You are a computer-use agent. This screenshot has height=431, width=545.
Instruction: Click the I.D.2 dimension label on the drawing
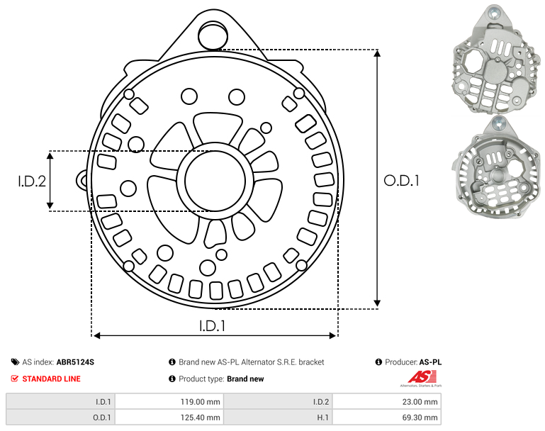[x=32, y=181]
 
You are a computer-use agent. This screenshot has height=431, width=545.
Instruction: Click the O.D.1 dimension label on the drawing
[x=401, y=181]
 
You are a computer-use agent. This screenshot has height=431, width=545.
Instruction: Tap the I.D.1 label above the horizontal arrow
[x=213, y=325]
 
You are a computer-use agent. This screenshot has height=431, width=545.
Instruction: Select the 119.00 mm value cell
[x=169, y=402]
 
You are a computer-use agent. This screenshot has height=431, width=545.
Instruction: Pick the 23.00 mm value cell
[x=387, y=402]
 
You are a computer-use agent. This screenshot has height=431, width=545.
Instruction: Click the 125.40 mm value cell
[x=169, y=417]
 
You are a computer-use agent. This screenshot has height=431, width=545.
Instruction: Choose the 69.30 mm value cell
[x=387, y=417]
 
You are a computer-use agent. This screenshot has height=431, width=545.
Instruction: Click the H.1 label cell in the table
[x=278, y=417]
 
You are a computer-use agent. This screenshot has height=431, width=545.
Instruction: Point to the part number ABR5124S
[x=75, y=362]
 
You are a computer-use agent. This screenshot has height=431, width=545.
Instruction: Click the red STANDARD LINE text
[x=52, y=379]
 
